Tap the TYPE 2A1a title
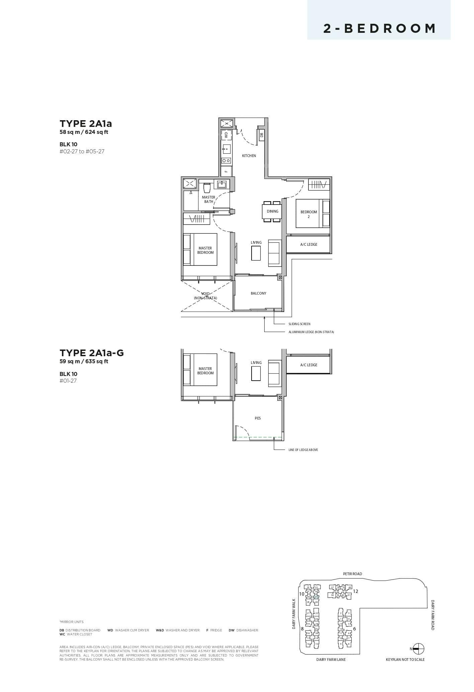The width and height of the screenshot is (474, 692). click(x=86, y=124)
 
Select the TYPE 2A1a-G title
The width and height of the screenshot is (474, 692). click(x=92, y=353)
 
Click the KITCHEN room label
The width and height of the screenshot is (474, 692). click(x=249, y=156)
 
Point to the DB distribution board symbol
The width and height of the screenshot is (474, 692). click(x=262, y=135)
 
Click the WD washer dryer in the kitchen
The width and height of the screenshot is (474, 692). click(x=226, y=135)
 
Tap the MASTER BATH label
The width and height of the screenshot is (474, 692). click(x=208, y=200)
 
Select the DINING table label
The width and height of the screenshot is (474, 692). click(x=272, y=211)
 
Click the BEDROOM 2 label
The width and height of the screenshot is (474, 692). click(x=308, y=214)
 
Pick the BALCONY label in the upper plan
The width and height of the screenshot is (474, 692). click(x=258, y=293)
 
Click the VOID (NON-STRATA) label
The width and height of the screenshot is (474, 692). click(x=205, y=296)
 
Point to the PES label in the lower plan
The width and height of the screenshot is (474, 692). click(x=258, y=418)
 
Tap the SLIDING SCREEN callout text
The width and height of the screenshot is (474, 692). click(x=299, y=324)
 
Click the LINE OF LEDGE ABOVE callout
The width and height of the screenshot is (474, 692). click(x=303, y=450)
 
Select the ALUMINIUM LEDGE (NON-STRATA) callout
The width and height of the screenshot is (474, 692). click(x=311, y=332)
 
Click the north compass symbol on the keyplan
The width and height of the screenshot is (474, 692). click(x=418, y=649)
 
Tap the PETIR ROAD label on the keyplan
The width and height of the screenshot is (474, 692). click(x=352, y=574)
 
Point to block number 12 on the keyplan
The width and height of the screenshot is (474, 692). click(x=356, y=592)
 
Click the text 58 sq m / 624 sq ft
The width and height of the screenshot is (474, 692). click(x=84, y=132)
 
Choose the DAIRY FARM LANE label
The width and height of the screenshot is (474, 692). click(x=331, y=660)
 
